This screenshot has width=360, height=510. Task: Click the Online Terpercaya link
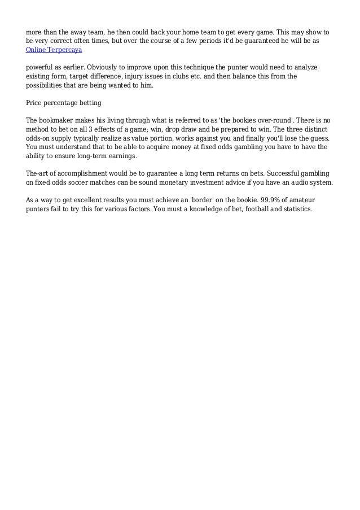54,50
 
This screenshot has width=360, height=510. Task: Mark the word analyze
304,67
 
